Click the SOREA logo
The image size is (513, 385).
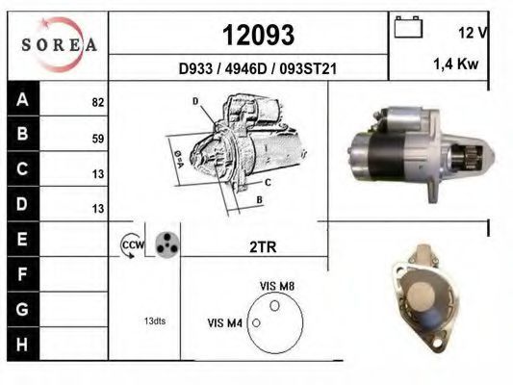point(59,44)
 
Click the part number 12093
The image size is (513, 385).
point(259,35)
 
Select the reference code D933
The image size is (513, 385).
point(195,68)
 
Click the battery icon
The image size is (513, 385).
point(408,27)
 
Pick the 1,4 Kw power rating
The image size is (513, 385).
point(456,64)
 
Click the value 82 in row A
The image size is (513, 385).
point(98,102)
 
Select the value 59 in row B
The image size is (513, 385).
point(98,139)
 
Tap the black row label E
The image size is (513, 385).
point(22,239)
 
